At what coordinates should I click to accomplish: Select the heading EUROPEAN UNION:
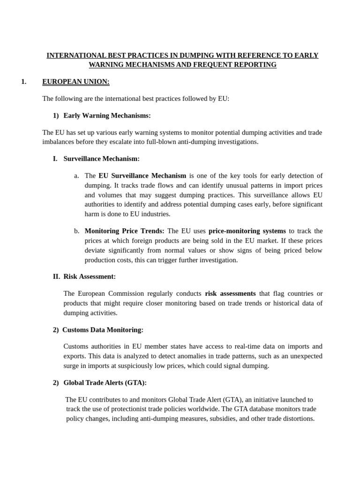click(75, 82)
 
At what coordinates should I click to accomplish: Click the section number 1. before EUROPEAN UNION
click(24, 82)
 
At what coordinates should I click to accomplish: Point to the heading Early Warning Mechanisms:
click(107, 115)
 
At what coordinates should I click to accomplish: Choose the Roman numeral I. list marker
click(55, 159)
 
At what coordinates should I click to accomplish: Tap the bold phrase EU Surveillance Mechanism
click(142, 176)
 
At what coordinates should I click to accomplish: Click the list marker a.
click(76, 176)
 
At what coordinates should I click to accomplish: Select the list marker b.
click(76, 231)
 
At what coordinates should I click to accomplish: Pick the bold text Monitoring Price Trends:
click(124, 231)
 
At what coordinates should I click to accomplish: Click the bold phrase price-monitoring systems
click(247, 231)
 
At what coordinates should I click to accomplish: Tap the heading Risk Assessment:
click(90, 277)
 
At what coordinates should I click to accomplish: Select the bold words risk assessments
click(230, 293)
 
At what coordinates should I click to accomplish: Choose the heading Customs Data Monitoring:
click(103, 330)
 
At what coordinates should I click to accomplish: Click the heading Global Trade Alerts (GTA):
click(105, 382)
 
